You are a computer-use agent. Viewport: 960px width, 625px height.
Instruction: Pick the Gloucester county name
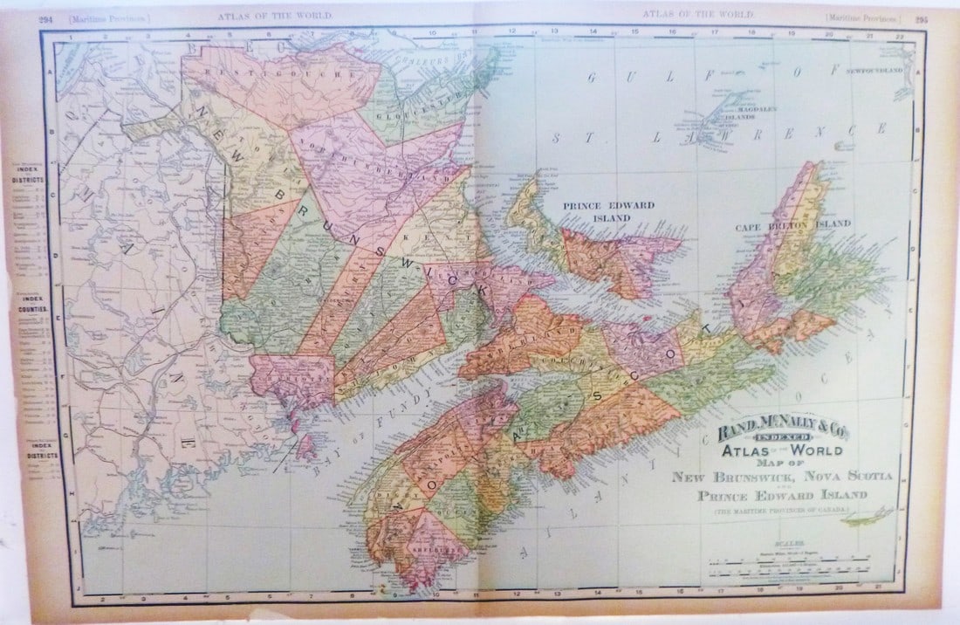[408, 113]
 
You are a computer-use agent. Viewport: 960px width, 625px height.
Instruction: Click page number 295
[922, 16]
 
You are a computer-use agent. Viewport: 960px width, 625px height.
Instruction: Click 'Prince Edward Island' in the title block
[782, 495]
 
